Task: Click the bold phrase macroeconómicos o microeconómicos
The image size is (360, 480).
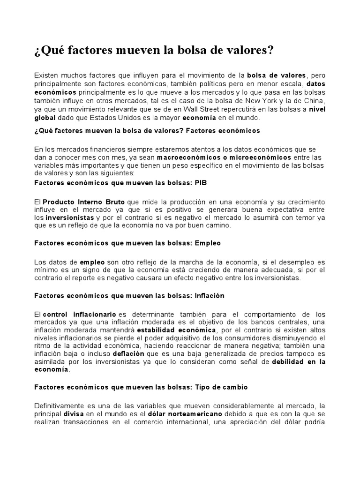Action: [224, 157]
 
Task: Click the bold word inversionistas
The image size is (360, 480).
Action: [70, 218]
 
